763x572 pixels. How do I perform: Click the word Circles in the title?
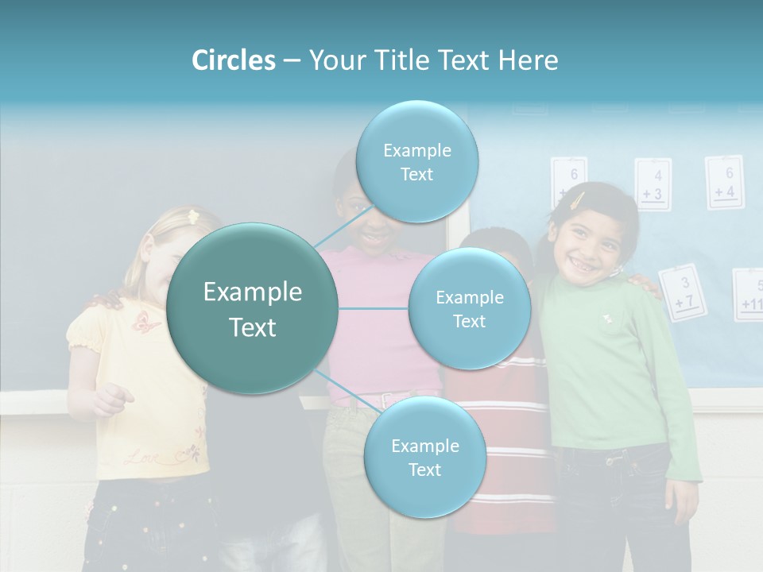click(233, 60)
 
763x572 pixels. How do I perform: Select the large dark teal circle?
click(252, 308)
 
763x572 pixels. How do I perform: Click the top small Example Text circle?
click(416, 161)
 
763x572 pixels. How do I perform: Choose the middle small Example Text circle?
click(469, 308)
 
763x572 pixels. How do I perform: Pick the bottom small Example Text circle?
click(424, 457)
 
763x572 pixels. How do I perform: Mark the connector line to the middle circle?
click(374, 308)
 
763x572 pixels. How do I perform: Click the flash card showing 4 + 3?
click(653, 185)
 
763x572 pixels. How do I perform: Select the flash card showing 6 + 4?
click(724, 182)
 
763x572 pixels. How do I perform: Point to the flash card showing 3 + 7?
click(683, 292)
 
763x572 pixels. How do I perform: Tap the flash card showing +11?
click(749, 295)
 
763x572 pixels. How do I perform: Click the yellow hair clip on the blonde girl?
click(192, 215)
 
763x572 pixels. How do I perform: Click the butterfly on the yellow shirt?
click(147, 322)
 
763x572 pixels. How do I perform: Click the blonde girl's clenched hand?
click(114, 398)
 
